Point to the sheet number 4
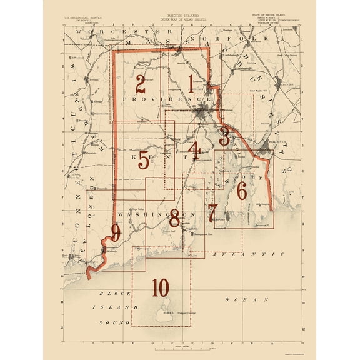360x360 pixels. click(195, 151)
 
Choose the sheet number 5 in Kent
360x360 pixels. click(144, 161)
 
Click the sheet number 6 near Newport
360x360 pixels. click(241, 191)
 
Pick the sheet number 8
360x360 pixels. click(174, 218)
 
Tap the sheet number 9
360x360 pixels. click(115, 234)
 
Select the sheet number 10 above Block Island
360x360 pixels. click(160, 287)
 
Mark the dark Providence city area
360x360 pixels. click(201, 114)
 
